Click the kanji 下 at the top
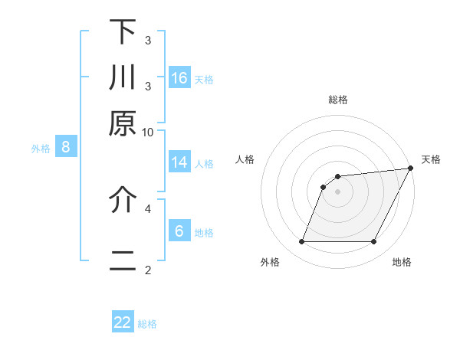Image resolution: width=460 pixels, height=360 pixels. [x=123, y=32]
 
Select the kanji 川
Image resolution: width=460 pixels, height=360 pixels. [x=123, y=77]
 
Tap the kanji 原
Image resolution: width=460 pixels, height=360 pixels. [x=123, y=123]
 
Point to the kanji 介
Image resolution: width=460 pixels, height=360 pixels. [x=123, y=199]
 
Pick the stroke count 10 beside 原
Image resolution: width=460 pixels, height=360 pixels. [x=148, y=132]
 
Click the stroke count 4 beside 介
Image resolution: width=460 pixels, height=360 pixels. [x=148, y=207]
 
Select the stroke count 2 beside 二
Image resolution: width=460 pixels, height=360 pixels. [x=148, y=270]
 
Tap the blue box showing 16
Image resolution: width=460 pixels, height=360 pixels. [x=179, y=77]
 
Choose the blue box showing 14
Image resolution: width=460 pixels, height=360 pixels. [x=179, y=162]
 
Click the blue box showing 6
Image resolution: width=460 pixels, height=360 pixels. [x=179, y=231]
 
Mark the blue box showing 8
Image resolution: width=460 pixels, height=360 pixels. [x=66, y=148]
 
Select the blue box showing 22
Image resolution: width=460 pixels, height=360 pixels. [x=123, y=322]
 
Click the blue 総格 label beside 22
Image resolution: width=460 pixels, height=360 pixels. [x=147, y=324]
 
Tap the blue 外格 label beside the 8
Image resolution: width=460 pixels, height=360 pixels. [x=41, y=149]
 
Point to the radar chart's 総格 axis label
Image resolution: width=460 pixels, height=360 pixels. [x=338, y=100]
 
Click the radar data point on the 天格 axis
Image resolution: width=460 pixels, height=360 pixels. [x=411, y=169]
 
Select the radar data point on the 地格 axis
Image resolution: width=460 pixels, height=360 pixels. [x=374, y=242]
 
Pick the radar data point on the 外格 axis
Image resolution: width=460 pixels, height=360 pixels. [x=301, y=242]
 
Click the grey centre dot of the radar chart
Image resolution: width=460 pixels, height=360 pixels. [x=337, y=192]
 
